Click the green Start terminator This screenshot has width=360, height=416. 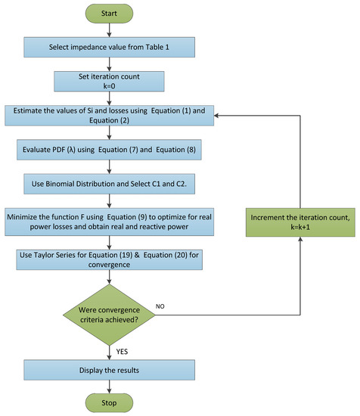(x=109, y=14)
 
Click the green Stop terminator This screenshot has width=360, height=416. (x=109, y=402)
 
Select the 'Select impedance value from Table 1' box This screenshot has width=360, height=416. (x=110, y=47)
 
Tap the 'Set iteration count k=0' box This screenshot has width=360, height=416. (x=109, y=81)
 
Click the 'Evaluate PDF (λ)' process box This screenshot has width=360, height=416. (x=109, y=150)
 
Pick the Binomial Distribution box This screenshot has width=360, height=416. (x=110, y=184)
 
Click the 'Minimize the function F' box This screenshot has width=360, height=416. (x=110, y=222)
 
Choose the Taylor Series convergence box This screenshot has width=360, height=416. (x=110, y=259)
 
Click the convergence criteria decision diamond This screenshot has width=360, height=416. (x=109, y=315)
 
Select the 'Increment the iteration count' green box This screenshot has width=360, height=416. (x=300, y=222)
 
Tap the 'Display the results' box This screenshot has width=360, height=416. (x=110, y=370)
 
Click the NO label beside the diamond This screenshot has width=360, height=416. (x=160, y=306)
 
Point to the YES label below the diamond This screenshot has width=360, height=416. (x=122, y=352)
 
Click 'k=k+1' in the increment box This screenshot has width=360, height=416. (x=300, y=227)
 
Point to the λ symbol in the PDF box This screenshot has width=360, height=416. (x=71, y=150)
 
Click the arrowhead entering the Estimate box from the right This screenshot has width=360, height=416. (x=216, y=116)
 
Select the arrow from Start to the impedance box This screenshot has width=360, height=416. (x=109, y=30)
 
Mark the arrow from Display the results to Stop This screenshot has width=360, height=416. (x=109, y=387)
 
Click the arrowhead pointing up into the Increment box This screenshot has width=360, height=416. (x=300, y=239)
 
